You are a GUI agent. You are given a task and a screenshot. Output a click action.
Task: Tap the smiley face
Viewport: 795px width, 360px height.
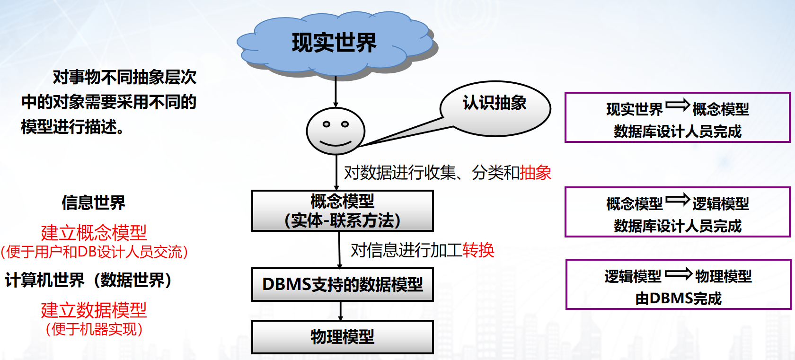[x=336, y=131]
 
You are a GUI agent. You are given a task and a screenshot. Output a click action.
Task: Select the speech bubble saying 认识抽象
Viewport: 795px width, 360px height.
[x=495, y=107]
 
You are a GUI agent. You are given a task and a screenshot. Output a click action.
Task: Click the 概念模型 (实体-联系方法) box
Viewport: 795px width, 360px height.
[x=342, y=211]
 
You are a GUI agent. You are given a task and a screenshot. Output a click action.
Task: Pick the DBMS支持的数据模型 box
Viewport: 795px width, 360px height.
[x=342, y=284]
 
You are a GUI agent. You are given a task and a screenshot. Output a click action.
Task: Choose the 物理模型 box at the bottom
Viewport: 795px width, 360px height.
[x=342, y=337]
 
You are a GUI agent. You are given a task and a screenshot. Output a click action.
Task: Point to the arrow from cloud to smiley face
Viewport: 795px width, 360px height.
[x=336, y=92]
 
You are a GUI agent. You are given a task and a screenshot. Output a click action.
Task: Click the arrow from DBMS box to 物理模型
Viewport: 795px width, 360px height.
[x=341, y=311]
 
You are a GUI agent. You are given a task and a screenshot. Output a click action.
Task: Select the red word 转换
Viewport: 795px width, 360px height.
[x=478, y=250]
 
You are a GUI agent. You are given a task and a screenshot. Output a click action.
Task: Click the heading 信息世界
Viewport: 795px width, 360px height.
[x=93, y=203]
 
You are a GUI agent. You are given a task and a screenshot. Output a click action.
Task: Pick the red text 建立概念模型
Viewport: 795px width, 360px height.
[x=94, y=232]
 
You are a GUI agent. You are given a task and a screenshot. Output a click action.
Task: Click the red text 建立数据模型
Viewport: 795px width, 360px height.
[x=94, y=310]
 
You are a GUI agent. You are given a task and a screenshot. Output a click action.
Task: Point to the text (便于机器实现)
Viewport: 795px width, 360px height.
[x=94, y=329]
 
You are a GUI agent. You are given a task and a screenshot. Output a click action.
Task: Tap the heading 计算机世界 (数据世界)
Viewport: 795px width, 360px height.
[x=88, y=280]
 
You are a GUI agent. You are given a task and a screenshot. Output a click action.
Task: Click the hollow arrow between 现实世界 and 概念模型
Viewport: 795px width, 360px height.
[x=678, y=105]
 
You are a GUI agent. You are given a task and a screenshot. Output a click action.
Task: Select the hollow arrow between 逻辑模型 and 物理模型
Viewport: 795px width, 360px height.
[x=678, y=274]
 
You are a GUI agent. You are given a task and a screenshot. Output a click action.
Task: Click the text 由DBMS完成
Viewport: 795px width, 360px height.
[x=678, y=299]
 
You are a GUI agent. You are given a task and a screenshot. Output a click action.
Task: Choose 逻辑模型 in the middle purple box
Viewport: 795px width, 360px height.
[x=721, y=204]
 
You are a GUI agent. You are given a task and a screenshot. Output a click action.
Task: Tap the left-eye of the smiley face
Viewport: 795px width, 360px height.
[x=326, y=124]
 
